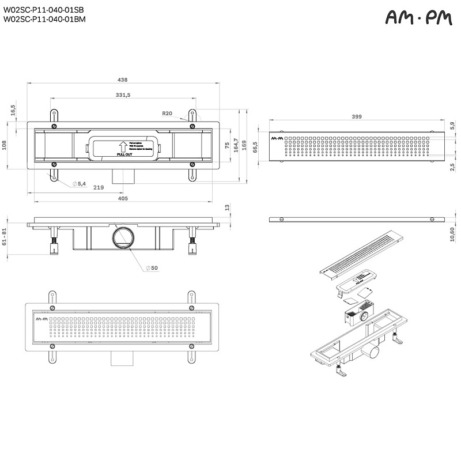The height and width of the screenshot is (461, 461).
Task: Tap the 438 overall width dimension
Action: point(122,80)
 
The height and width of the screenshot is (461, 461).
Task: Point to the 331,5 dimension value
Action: point(123,95)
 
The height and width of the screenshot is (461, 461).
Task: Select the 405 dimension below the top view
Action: point(122,198)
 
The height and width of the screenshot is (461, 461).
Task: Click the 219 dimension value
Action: point(99,187)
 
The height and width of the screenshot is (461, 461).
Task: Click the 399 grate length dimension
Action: point(357,117)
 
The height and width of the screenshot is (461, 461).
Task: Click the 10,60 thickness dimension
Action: point(452,232)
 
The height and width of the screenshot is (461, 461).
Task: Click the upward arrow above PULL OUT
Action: point(123,146)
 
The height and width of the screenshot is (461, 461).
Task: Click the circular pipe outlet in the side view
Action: point(123,237)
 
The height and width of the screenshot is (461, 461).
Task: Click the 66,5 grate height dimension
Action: point(254,149)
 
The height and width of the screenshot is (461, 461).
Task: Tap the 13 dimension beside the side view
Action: point(226,207)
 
